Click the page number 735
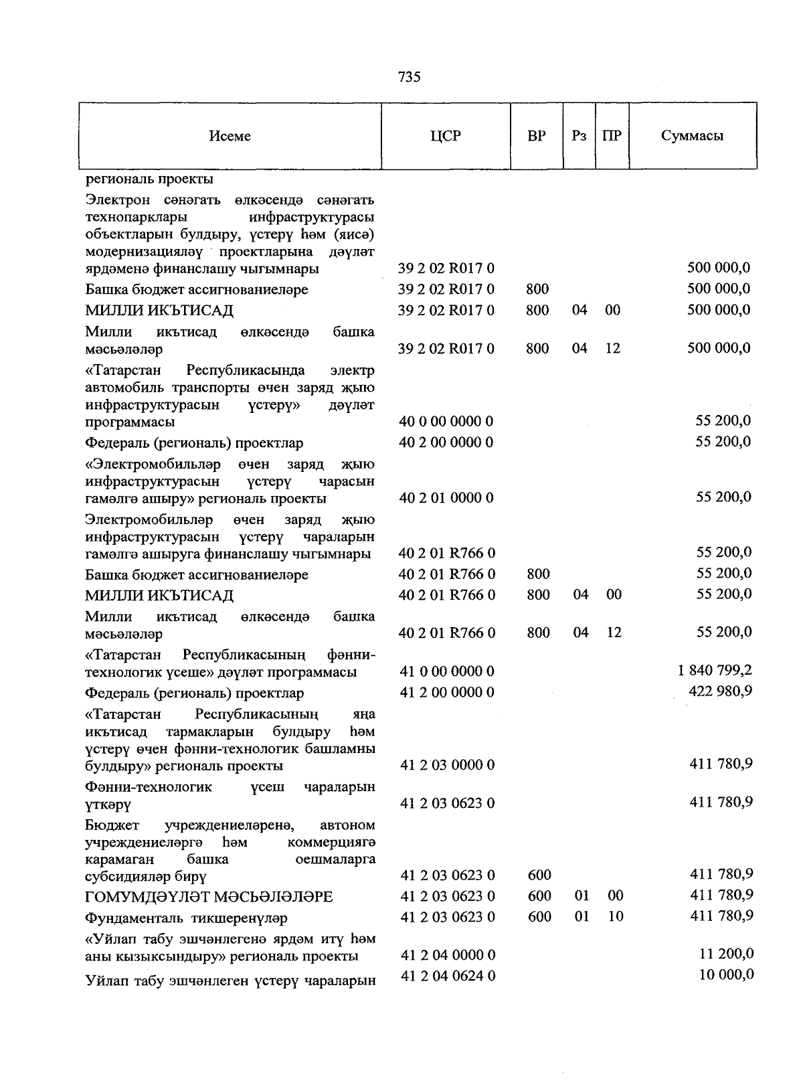tap(409, 77)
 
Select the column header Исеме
tap(230, 136)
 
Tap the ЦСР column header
tap(446, 136)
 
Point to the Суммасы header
tap(692, 136)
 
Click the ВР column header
tap(536, 136)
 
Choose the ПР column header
tap(612, 136)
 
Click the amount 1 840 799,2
tap(715, 670)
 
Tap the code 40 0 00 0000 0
tap(446, 421)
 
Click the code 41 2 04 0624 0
tap(448, 976)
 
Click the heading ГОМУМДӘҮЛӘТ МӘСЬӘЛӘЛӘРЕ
tap(209, 897)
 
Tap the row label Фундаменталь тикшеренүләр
tap(187, 918)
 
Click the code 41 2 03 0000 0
tap(447, 765)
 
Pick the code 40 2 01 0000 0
tap(446, 497)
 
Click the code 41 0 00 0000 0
tap(447, 671)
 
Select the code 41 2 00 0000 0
tap(447, 692)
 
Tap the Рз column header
tap(579, 136)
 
